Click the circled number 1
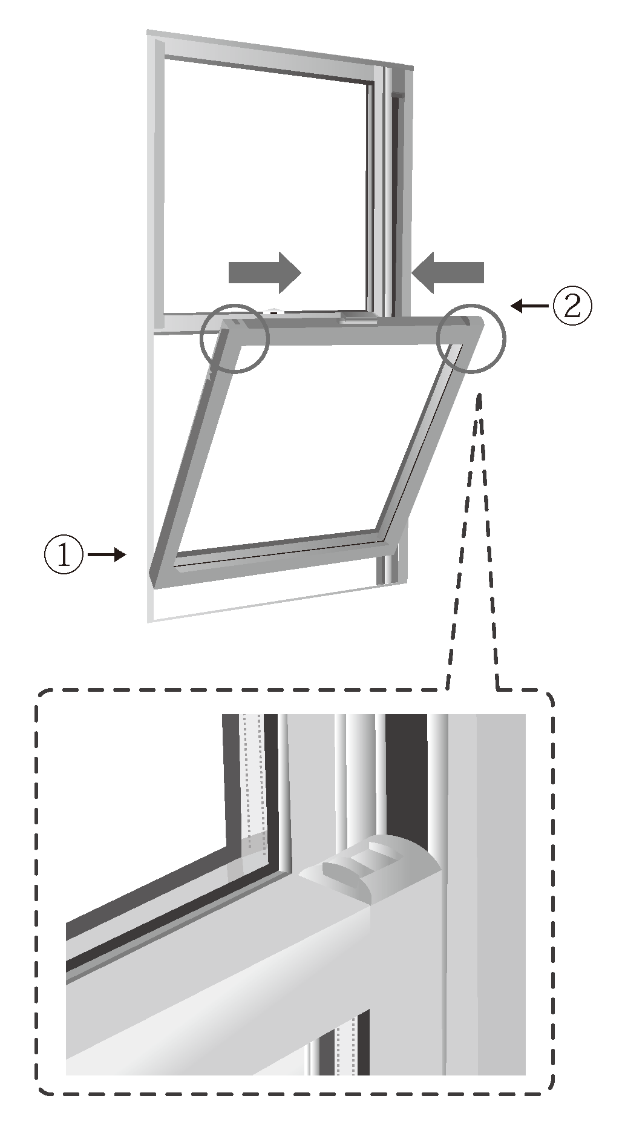click(64, 556)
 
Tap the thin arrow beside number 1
click(106, 554)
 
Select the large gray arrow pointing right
click(264, 273)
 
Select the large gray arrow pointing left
click(448, 273)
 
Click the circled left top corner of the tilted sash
click(234, 338)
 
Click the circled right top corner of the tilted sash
click(470, 338)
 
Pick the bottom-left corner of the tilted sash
click(154, 583)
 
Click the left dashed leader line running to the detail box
click(463, 542)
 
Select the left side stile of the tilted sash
click(191, 454)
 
